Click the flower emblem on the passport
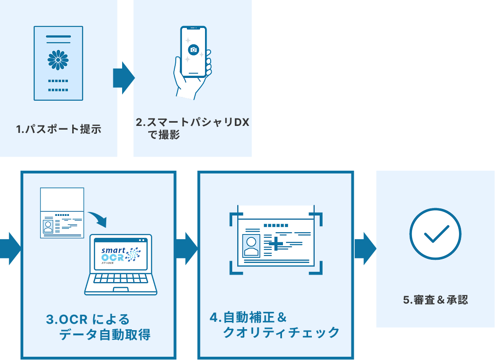[58, 60]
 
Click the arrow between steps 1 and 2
[124, 78]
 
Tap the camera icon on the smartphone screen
[193, 49]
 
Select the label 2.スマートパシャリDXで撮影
[192, 128]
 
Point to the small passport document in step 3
[62, 213]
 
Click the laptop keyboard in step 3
[120, 281]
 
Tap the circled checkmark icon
[435, 234]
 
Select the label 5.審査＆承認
[435, 300]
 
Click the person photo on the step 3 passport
[48, 226]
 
